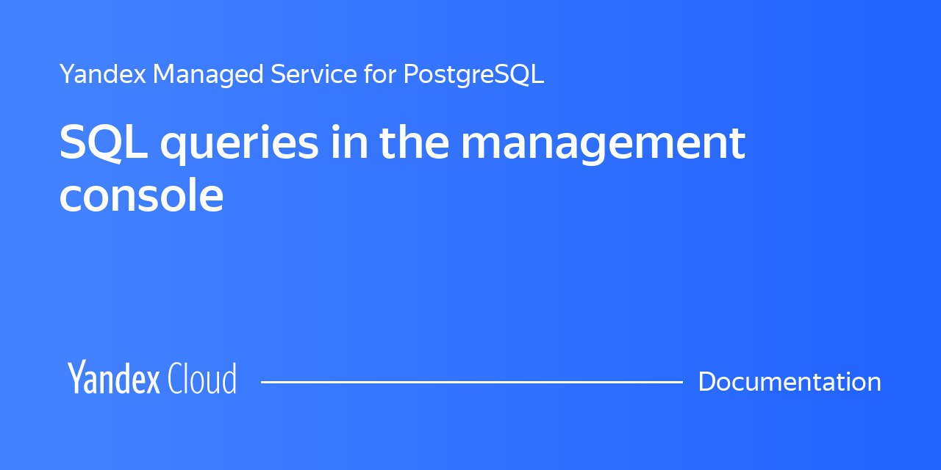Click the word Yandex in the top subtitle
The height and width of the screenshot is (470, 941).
point(103,74)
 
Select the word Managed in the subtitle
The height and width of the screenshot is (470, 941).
point(208,75)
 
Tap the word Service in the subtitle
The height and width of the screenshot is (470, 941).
point(314,74)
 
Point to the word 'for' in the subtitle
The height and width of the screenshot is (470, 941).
point(380,74)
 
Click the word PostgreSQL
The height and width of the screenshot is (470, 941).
point(474,75)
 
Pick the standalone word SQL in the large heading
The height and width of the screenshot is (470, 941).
point(104,142)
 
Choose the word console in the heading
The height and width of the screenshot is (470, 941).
point(142,195)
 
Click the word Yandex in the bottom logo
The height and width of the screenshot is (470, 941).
point(114,377)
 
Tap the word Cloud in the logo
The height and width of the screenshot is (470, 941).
point(202,378)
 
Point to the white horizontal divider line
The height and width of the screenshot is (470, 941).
point(472,382)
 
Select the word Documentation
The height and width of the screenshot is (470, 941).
point(790,381)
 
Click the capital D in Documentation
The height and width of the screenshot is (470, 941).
point(708,381)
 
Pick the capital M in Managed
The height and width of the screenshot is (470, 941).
point(165,74)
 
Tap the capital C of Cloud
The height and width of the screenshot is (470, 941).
point(175,378)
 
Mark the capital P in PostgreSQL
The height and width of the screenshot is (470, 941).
point(412,74)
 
